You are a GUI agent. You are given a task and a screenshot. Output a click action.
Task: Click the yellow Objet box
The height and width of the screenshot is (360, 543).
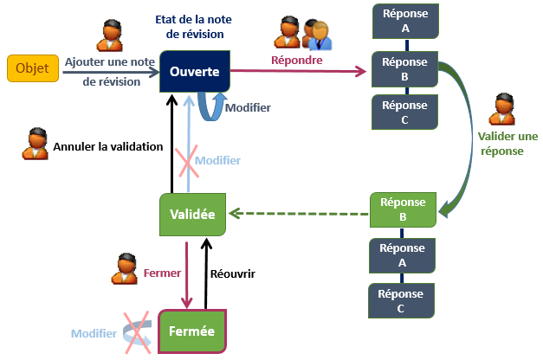click(x=32, y=68)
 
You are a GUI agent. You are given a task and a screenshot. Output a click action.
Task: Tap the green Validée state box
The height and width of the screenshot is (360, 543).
click(x=193, y=215)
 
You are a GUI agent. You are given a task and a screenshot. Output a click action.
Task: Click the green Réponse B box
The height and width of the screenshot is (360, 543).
click(x=404, y=209)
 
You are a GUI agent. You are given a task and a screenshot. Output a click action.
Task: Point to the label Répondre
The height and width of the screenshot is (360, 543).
click(x=297, y=61)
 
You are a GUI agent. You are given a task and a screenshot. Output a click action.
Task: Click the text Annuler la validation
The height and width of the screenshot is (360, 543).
click(x=108, y=146)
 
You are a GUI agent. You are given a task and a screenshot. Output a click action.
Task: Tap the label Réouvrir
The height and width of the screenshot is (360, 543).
click(x=232, y=273)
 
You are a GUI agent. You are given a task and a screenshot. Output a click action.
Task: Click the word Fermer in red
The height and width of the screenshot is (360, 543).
click(x=162, y=273)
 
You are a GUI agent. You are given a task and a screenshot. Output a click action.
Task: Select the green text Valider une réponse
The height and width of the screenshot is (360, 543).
click(x=507, y=143)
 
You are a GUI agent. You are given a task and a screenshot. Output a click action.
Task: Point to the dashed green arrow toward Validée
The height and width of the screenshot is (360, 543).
click(x=299, y=213)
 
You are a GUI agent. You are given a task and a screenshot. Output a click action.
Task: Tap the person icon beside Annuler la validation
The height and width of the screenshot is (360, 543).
click(x=35, y=144)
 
